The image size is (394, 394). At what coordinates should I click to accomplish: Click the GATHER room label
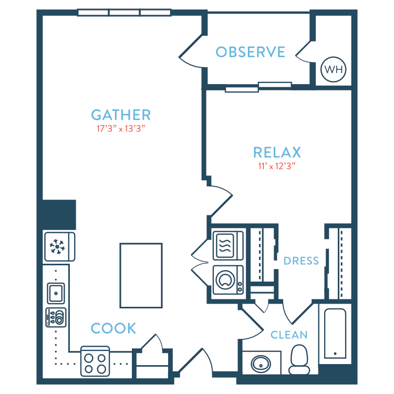pos(121,115)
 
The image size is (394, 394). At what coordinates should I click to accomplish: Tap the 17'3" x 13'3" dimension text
pos(121,129)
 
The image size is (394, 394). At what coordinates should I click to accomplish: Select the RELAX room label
pos(277,152)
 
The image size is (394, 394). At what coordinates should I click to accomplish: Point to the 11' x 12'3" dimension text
pos(277,166)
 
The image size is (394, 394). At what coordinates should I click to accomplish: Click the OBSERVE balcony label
pos(251,52)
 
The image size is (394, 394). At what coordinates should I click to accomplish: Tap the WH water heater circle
pos(334,69)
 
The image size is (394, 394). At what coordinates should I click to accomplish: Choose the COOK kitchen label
pos(113,328)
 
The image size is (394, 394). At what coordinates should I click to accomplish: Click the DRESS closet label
pos(301,261)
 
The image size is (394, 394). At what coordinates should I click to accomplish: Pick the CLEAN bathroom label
pos(289,335)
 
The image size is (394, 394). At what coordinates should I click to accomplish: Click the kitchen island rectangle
pos(141,275)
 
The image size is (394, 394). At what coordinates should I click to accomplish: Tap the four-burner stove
pos(95,361)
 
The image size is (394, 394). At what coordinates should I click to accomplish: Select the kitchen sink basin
pos(56,293)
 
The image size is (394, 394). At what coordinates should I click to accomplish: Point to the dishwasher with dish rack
pos(56,317)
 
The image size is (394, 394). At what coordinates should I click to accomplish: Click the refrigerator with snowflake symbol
pos(60,247)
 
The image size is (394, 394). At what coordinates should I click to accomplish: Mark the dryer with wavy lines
pos(228,245)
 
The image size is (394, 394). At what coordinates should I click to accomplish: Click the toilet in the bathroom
pos(299,359)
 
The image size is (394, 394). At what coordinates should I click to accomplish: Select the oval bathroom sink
pos(261,364)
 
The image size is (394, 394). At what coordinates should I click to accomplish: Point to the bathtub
pos(335,334)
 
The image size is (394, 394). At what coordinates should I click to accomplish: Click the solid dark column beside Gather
pos(59,214)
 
